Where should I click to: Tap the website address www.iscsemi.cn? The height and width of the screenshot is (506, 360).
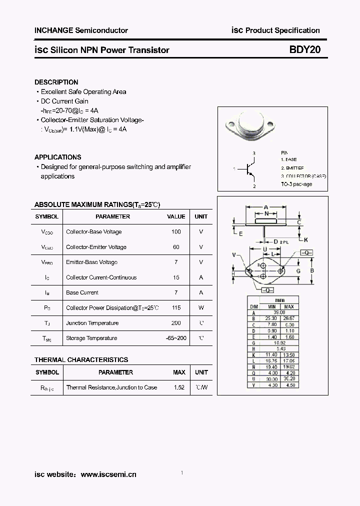coord(108,474)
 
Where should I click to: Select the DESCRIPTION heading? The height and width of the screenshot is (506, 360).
coord(56,82)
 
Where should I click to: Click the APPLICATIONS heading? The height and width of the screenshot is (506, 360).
coord(57,157)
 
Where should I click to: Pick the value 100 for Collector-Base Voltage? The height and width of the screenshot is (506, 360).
coord(175,232)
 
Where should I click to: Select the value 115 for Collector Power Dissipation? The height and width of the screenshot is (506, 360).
coord(175,308)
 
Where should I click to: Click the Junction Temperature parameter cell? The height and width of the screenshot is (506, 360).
coord(92,323)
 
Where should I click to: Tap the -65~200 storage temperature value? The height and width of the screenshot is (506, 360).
coord(175,338)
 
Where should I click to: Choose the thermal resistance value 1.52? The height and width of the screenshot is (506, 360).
coord(178,387)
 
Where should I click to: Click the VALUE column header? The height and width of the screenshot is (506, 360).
coord(175,216)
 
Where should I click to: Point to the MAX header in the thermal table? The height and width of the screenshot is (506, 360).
coord(178,372)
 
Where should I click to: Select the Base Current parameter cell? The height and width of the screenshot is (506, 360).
coord(82,293)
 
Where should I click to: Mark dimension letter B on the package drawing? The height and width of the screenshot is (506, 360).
coord(312,270)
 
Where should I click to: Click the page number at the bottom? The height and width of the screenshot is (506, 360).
coord(182,473)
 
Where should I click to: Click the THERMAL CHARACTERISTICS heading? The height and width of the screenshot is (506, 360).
coord(81,359)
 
